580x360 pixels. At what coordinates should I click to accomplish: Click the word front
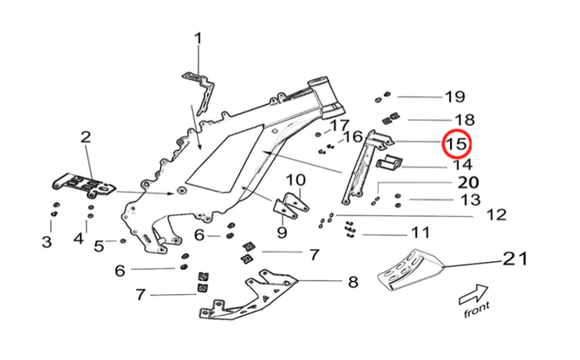click(x=477, y=308)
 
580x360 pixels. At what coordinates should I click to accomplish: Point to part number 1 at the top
click(x=198, y=37)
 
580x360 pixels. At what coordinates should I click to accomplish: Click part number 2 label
click(x=86, y=136)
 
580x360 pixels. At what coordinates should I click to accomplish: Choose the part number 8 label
click(x=353, y=281)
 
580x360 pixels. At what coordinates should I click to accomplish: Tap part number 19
click(x=455, y=95)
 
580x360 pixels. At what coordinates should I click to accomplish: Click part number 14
click(x=462, y=164)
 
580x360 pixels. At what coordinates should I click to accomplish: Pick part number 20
click(x=468, y=182)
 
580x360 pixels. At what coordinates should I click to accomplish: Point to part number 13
click(x=470, y=200)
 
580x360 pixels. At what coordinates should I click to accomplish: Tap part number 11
click(x=420, y=232)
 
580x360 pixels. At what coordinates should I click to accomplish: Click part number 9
click(x=282, y=232)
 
